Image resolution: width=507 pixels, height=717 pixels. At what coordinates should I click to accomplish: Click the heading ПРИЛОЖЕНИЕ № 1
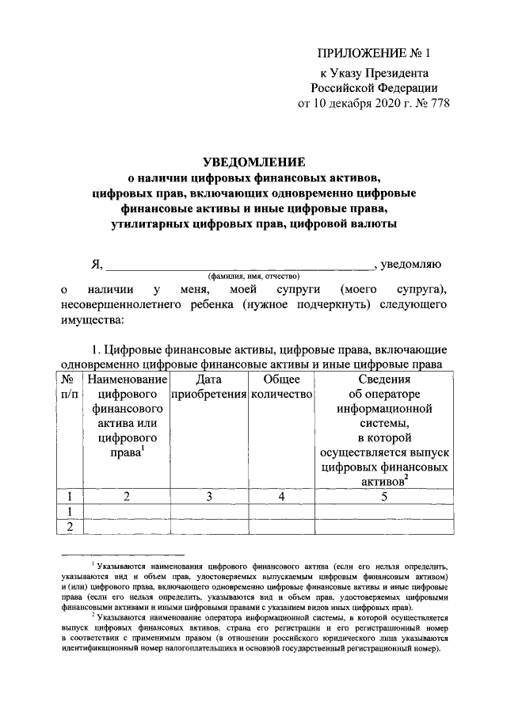(x=372, y=55)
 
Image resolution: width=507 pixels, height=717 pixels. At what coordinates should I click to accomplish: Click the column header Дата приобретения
(x=208, y=388)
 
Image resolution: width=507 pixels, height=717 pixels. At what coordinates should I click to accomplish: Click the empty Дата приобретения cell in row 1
(x=208, y=512)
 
